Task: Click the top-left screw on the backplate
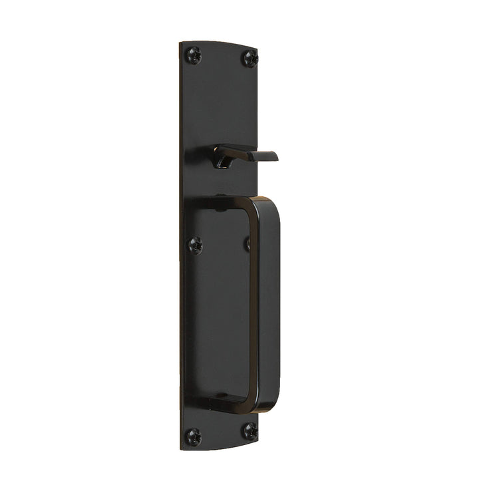194,55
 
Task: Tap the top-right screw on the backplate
249,59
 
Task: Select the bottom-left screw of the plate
193,436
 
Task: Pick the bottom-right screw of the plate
249,430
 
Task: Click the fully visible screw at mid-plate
195,245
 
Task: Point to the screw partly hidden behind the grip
247,244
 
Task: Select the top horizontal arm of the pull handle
226,202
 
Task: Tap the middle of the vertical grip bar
266,299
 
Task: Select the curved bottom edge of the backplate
220,447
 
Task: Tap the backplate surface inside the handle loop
223,299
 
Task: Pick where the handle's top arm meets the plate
200,203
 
